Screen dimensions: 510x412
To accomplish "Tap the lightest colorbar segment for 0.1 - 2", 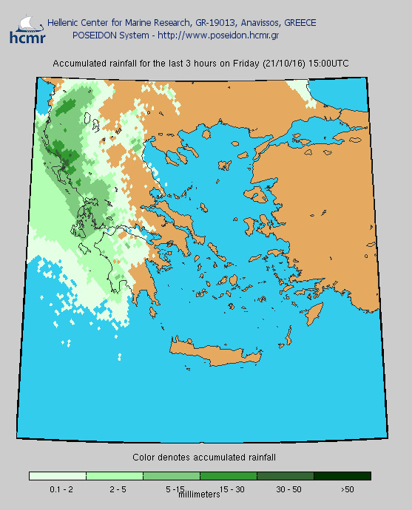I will (x=58, y=476).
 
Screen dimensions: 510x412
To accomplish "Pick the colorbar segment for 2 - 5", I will (x=115, y=476).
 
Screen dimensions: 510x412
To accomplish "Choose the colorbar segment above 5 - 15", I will (x=172, y=476).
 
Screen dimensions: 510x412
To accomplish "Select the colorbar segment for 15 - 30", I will (x=229, y=476).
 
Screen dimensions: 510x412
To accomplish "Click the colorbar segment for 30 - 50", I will (x=286, y=476).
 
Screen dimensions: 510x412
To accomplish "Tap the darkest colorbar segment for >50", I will (x=342, y=476).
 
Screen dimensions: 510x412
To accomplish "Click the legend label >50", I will (x=347, y=489).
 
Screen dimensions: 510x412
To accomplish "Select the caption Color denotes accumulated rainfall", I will (x=204, y=458).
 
